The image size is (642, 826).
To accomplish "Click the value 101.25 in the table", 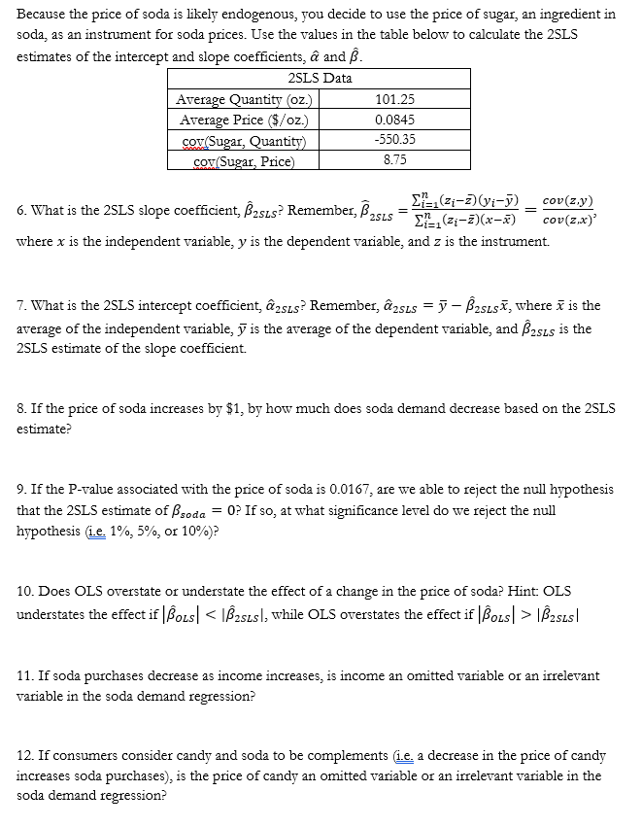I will [394, 99].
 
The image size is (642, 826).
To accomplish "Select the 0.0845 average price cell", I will [394, 120].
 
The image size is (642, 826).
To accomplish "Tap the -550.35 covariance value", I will [394, 140].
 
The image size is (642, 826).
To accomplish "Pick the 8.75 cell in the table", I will [394, 160].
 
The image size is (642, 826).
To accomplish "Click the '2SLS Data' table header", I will [321, 78].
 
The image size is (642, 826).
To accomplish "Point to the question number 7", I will [21, 306].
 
